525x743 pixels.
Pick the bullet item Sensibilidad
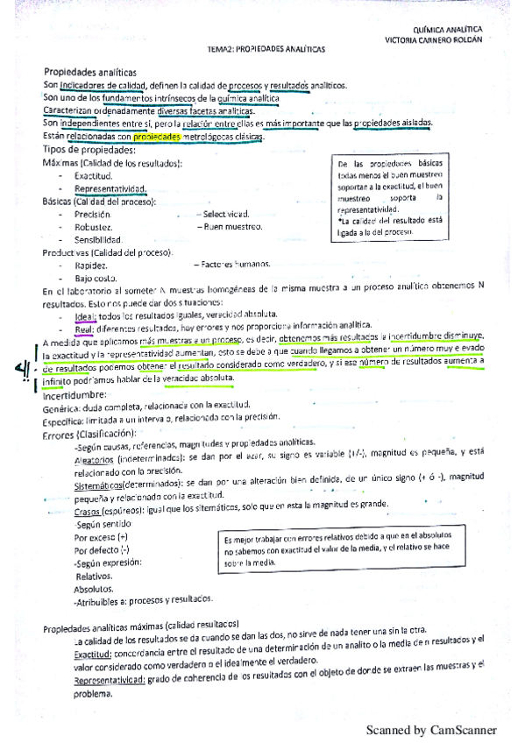98,239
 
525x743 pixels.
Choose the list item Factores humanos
231,264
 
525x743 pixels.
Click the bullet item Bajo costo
96,277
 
